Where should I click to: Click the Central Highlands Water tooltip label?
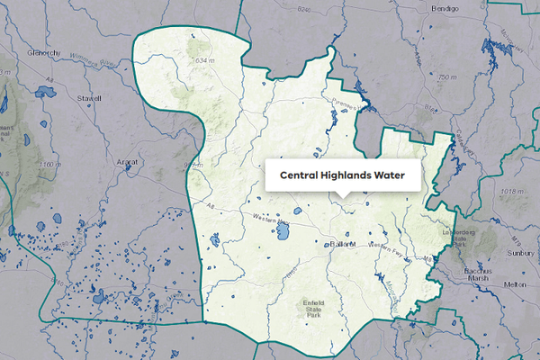pyautogui.click(x=343, y=175)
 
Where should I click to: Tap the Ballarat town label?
pyautogui.click(x=343, y=245)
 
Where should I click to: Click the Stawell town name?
pyautogui.click(x=87, y=99)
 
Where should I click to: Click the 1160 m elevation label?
pyautogui.click(x=49, y=165)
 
